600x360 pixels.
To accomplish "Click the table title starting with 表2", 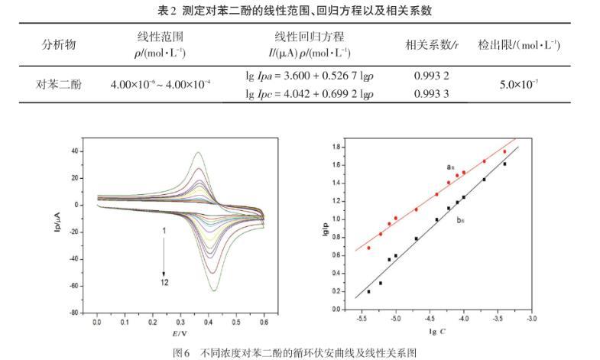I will point(300,10).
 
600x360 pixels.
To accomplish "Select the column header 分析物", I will point(58,44).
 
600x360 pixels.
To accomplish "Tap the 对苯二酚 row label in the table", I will point(58,85).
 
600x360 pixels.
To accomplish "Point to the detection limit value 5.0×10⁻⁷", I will point(519,85).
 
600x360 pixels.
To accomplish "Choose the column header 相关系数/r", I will point(432,44).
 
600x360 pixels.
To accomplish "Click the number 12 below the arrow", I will point(164,283).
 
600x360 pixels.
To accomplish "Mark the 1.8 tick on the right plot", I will point(334,144).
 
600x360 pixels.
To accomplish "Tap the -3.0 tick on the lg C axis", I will point(531,317).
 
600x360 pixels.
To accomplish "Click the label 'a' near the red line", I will point(449,166).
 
